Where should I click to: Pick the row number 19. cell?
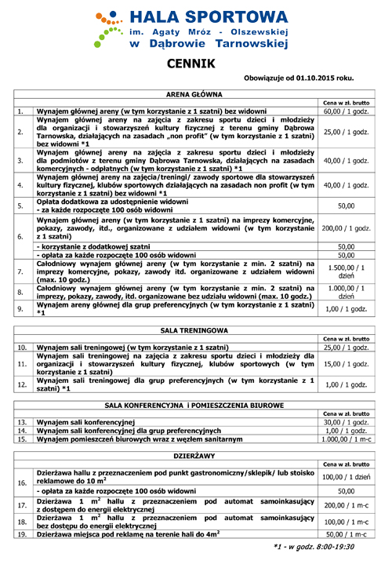tap(22, 534)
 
